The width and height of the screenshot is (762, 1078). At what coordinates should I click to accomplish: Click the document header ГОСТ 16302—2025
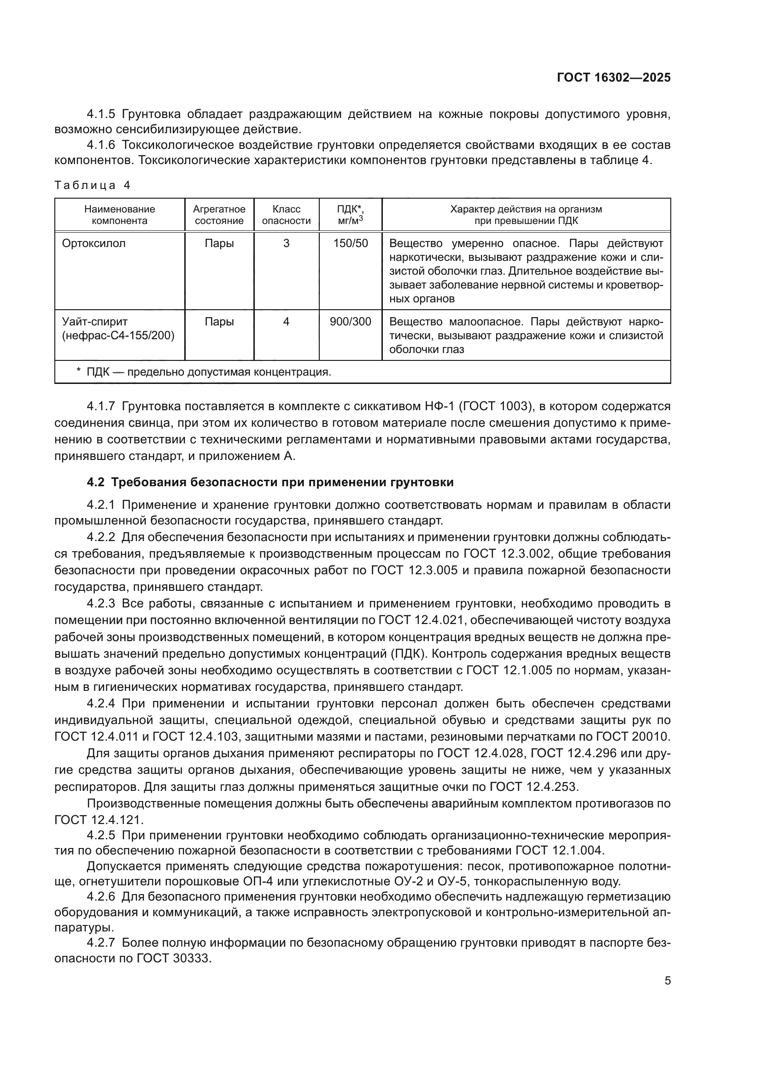pyautogui.click(x=613, y=78)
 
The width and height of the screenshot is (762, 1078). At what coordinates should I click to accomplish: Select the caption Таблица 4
pyautogui.click(x=92, y=185)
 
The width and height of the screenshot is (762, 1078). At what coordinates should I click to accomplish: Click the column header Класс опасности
pyautogui.click(x=286, y=215)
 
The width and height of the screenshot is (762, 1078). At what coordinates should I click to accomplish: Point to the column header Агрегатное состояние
pyautogui.click(x=219, y=215)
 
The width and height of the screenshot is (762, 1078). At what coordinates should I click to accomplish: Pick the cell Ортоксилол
pyautogui.click(x=94, y=243)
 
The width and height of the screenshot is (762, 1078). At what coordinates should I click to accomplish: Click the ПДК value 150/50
pyautogui.click(x=351, y=243)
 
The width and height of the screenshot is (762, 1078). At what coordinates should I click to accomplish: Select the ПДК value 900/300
pyautogui.click(x=351, y=322)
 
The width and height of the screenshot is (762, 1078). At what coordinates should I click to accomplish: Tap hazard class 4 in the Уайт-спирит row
pyautogui.click(x=286, y=322)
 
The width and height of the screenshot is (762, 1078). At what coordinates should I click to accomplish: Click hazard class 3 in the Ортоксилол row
pyautogui.click(x=286, y=243)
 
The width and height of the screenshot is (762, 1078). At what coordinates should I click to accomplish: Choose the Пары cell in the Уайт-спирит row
pyautogui.click(x=219, y=322)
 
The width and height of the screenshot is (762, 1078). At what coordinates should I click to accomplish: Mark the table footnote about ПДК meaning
pyautogui.click(x=204, y=372)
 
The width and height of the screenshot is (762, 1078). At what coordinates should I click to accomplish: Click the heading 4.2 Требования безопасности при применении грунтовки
pyautogui.click(x=270, y=482)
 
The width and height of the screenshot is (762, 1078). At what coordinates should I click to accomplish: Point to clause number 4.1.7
pyautogui.click(x=101, y=406)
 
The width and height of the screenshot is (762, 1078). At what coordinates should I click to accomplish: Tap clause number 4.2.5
pyautogui.click(x=101, y=835)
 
